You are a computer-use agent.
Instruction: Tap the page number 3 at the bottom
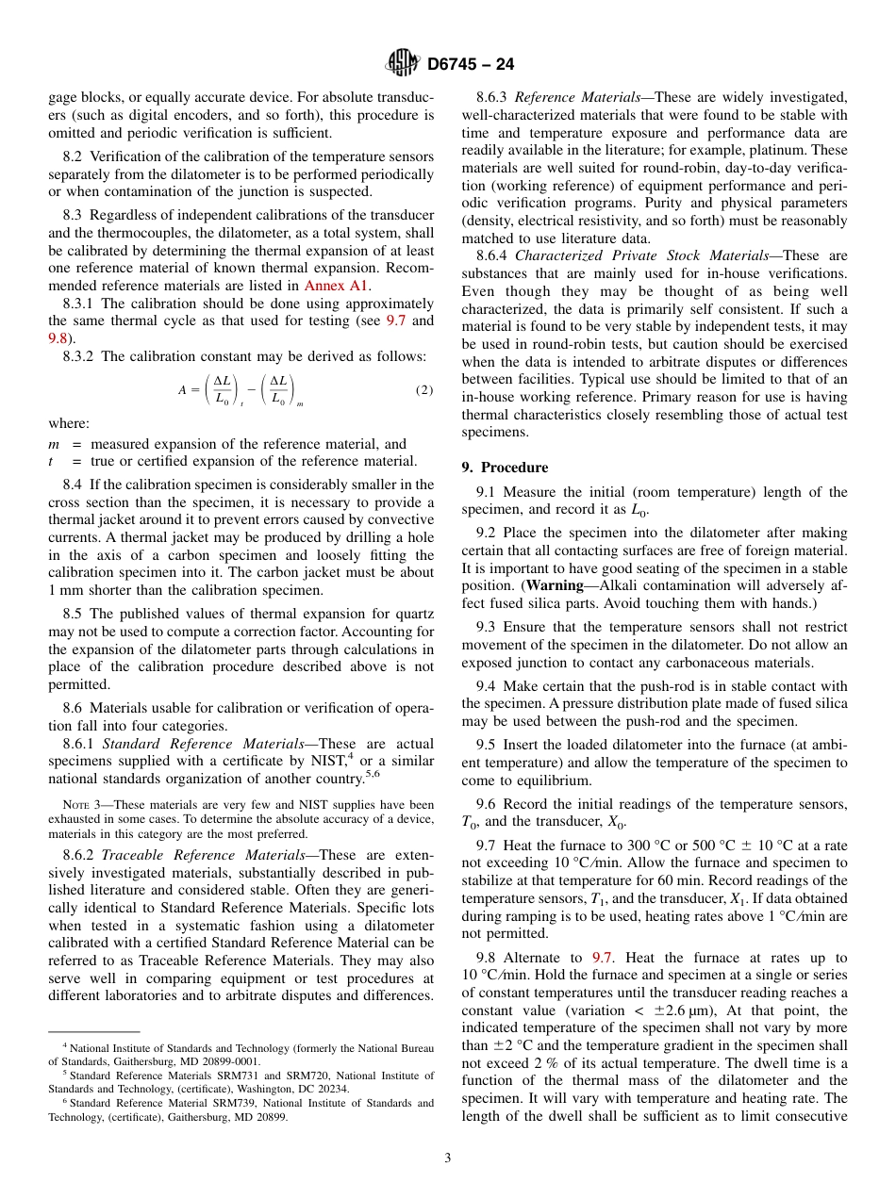tap(447, 1158)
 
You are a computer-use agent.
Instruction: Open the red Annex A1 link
tap(337, 286)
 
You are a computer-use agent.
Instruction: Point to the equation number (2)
tap(423, 390)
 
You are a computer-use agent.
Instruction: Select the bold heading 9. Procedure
tap(505, 468)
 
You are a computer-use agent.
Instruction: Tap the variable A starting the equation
tap(182, 389)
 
